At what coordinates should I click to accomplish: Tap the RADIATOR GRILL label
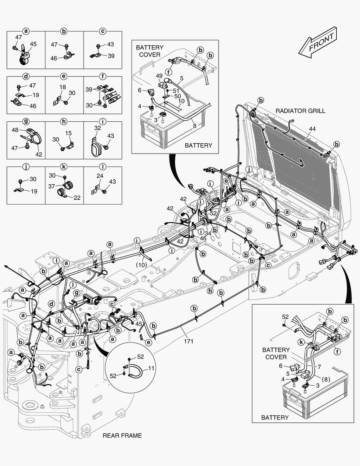[x=300, y=111]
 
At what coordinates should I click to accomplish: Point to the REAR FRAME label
[x=122, y=435]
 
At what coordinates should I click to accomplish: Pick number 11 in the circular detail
[x=151, y=368]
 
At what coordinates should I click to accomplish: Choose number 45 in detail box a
[x=33, y=44]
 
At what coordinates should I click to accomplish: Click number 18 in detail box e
[x=63, y=87]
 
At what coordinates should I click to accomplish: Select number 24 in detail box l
[x=100, y=176]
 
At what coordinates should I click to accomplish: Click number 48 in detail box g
[x=15, y=130]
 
